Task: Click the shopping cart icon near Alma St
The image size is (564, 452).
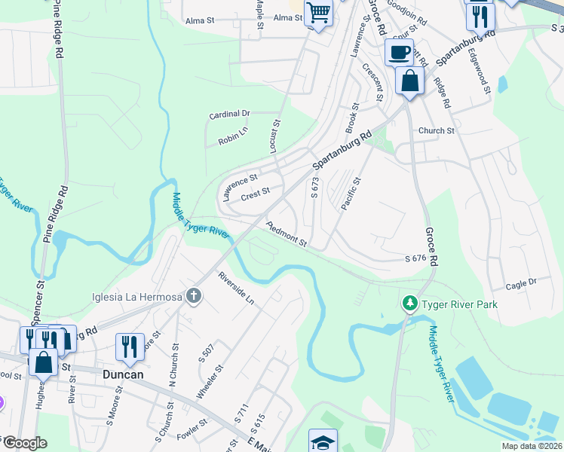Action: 319,14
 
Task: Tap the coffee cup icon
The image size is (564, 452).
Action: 399,53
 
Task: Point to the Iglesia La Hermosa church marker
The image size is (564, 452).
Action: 194,296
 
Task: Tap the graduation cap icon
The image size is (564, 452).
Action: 323,441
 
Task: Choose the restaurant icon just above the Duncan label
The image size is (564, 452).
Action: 130,347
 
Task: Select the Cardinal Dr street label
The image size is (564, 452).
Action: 229,115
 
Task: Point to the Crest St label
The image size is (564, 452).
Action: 255,195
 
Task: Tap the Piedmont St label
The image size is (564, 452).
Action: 286,234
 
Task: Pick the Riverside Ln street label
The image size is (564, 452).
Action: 236,287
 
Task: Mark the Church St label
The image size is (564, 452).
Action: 436,130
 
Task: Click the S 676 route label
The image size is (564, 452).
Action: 415,258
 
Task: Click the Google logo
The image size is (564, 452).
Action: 24,443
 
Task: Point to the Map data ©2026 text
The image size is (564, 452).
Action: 531,446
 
